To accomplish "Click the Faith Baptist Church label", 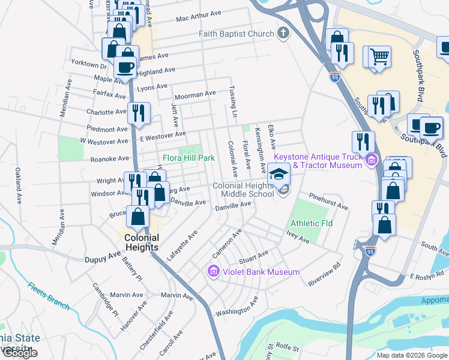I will pos(237,34).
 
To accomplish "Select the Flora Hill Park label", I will pos(188,158).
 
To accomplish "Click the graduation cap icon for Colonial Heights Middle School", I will pos(277,174).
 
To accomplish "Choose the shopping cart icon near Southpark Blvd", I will pos(379,57).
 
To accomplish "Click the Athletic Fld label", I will pos(312,223).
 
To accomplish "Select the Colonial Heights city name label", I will pos(141,242).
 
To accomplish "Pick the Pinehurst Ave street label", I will pos(329,202).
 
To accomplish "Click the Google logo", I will pos(20,353).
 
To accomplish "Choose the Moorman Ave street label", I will pos(194,95).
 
